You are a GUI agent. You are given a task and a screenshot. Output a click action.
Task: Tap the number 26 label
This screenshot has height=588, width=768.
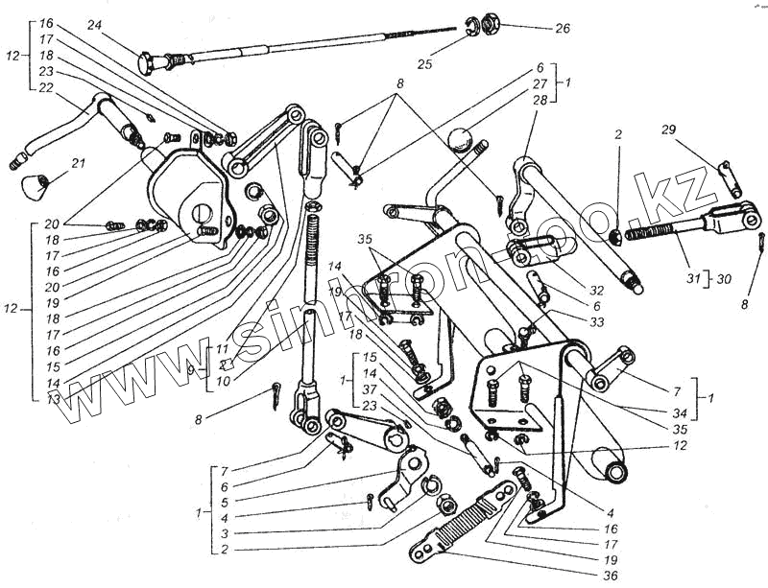(562, 28)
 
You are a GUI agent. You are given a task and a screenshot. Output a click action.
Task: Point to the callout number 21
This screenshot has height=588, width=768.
(77, 162)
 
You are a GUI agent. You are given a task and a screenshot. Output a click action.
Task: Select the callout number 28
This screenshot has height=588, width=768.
(539, 100)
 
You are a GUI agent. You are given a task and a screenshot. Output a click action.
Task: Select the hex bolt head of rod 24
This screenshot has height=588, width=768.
(148, 64)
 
